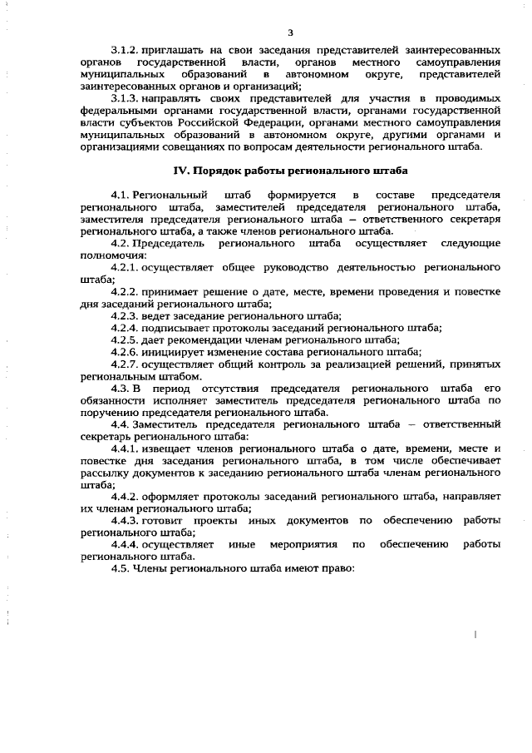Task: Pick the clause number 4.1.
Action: click(121, 195)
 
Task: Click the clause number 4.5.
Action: click(121, 568)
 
